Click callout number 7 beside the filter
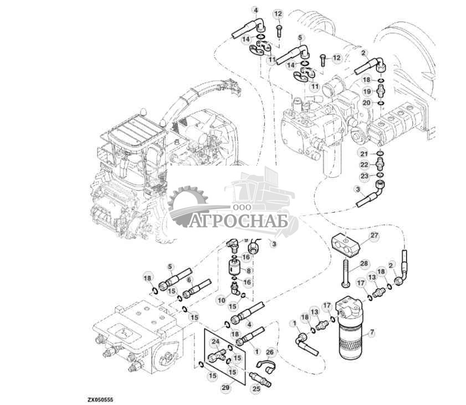[371, 332]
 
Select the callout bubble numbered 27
[374, 235]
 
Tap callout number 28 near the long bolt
[363, 263]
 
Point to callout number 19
[382, 91]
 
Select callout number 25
[256, 389]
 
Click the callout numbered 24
[215, 342]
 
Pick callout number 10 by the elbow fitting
[221, 300]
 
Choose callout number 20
[382, 102]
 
